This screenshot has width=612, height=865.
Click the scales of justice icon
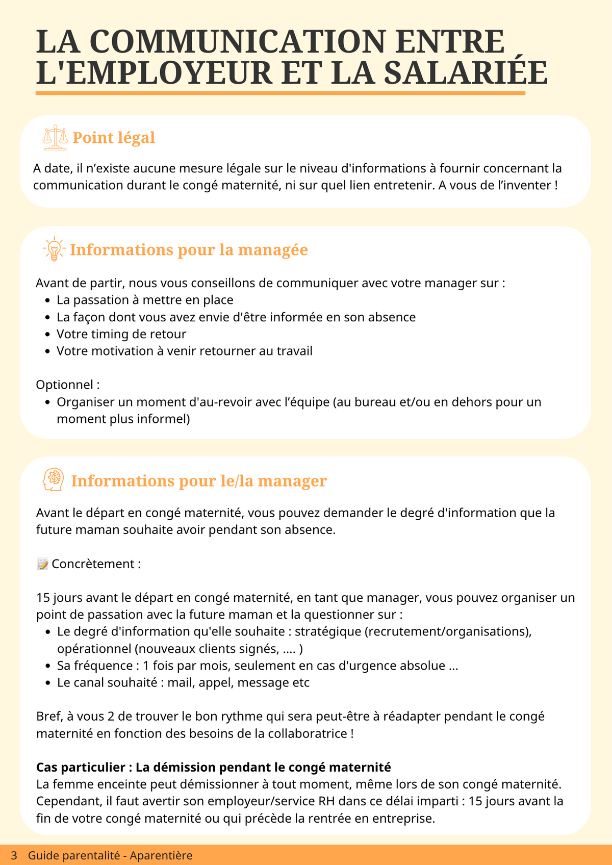[55, 138]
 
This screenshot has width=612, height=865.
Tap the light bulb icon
[54, 249]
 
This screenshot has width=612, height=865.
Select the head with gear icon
[54, 480]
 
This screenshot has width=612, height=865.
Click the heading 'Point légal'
[114, 138]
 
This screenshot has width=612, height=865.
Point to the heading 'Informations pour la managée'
[189, 250]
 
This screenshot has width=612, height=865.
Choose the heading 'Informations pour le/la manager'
[199, 481]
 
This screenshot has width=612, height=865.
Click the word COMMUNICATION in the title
[237, 42]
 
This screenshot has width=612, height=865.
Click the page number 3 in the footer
[14, 855]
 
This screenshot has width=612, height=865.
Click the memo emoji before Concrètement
[43, 564]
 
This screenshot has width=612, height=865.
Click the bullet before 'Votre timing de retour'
[47, 335]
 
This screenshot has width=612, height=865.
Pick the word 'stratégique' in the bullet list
[328, 631]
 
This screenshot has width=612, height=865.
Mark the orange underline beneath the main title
[280, 93]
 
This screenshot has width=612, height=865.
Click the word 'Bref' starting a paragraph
[48, 716]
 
